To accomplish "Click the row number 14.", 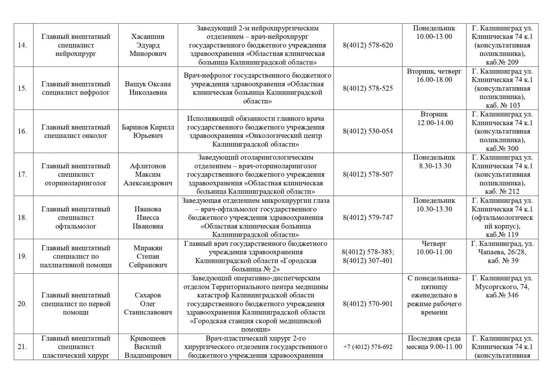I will pos(22,45).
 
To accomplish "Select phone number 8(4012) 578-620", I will pos(368,45).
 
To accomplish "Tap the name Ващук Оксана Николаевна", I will pos(148,88).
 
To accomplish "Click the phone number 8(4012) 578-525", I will pos(368,88).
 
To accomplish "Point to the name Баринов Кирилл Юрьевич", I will pos(148,132).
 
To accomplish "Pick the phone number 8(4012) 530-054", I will pos(368,131).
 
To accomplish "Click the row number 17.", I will pos(22,174).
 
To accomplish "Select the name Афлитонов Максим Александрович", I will pos(148,174).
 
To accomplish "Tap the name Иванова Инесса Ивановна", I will pos(148,218).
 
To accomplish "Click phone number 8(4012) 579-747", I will pos(368,218).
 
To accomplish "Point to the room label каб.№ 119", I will pos(502,235).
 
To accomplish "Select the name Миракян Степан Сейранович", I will pos(148,257).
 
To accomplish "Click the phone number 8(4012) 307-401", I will pos(368,261).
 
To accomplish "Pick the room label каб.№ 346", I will pos(502,295).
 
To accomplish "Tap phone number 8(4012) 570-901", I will pos(368,304).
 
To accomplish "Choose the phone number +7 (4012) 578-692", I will pos(368,347).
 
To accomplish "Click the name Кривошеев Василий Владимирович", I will pos(148,347).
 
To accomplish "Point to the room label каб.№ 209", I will pos(502,62).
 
